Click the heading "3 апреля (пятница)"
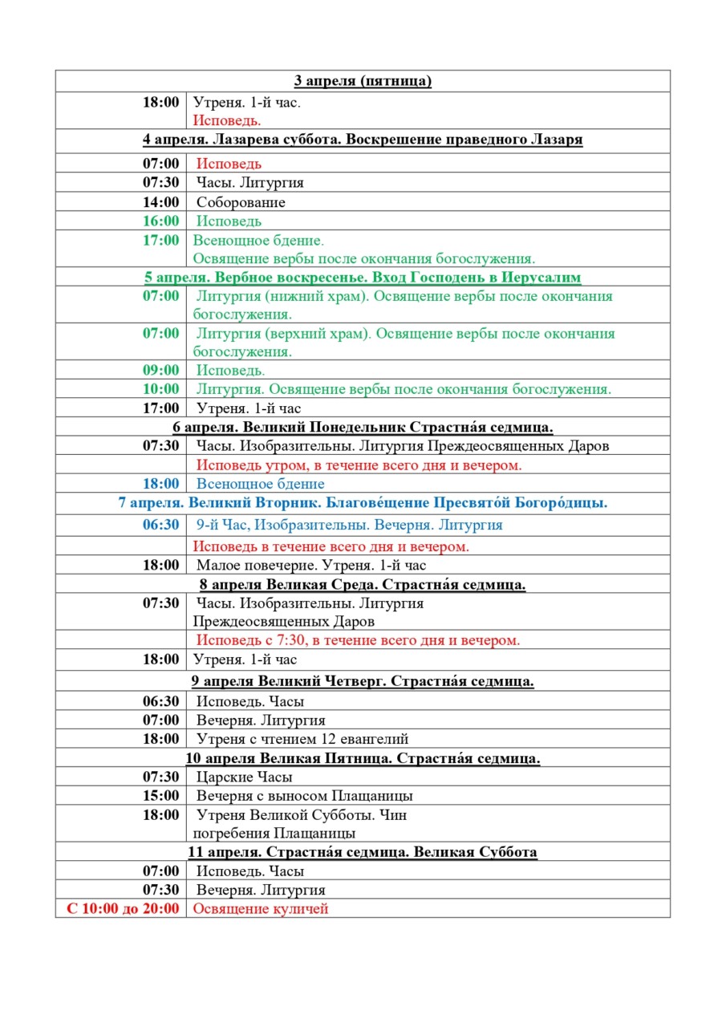coord(363,81)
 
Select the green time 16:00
coord(161,221)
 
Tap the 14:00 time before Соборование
coord(161,202)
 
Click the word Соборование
coord(241,202)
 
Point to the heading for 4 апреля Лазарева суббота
coord(363,140)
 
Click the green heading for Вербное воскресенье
coord(363,278)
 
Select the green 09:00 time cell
coord(161,371)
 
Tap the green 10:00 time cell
coord(161,389)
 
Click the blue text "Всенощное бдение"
coord(261,484)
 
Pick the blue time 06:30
coord(161,525)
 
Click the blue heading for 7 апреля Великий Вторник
coord(363,504)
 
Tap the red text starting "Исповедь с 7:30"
coord(356,640)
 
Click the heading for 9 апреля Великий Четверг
coord(363,682)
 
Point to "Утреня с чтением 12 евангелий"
coord(302,739)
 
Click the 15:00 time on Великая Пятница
coord(161,796)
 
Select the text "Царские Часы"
coord(245,777)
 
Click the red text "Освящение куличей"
coord(261,909)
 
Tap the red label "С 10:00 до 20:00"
coord(123,909)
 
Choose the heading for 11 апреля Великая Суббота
coord(363,852)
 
